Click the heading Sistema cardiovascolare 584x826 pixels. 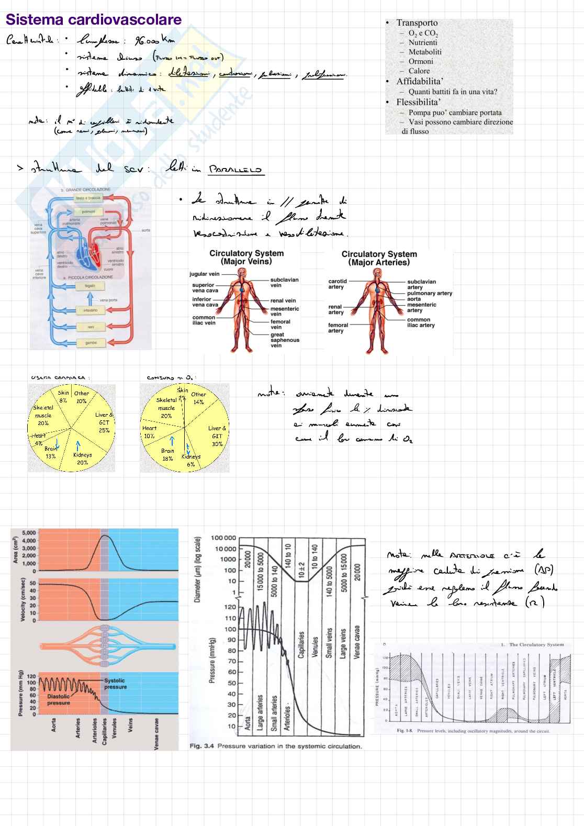[94, 20]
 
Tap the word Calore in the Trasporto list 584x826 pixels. [419, 71]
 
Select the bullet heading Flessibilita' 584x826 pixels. [418, 102]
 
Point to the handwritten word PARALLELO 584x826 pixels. [235, 169]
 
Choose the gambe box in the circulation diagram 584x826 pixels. [91, 343]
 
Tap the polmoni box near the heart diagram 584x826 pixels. [88, 211]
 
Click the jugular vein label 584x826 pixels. [204, 274]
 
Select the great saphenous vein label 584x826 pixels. [285, 340]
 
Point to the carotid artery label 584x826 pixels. [337, 284]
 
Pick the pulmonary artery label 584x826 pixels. [430, 293]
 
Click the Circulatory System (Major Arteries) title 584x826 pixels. [379, 258]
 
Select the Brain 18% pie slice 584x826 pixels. [167, 454]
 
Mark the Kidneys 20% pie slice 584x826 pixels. [83, 458]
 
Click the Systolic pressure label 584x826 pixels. [115, 684]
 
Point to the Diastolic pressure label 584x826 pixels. [59, 700]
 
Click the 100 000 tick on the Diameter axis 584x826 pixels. [223, 538]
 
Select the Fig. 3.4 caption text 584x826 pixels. [276, 746]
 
